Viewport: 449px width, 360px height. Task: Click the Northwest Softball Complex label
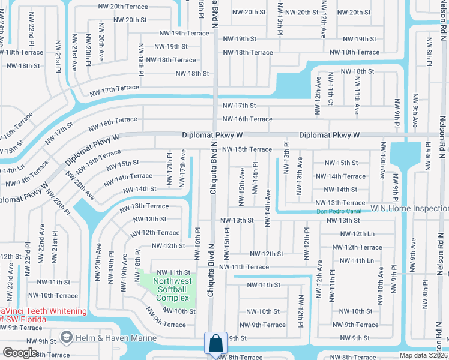coord(172,289)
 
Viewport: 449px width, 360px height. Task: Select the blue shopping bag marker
coord(215,344)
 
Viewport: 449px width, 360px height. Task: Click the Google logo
coord(20,352)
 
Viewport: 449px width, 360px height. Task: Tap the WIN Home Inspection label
coord(409,208)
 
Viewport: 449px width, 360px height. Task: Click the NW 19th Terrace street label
coord(184,34)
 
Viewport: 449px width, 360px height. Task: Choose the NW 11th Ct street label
coord(331,94)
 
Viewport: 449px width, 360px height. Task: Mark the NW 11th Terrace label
coord(244,266)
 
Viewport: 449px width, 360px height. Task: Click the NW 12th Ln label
coord(360,233)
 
